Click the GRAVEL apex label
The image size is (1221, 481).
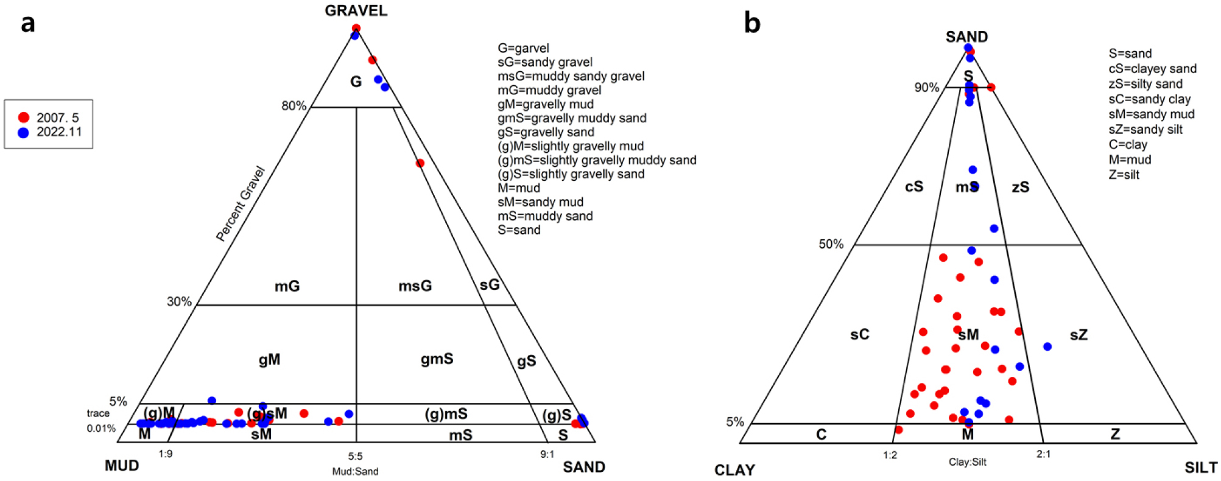[356, 10]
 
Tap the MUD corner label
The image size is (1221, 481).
[122, 466]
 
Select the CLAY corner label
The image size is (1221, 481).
[734, 470]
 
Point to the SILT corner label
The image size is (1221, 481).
[1201, 468]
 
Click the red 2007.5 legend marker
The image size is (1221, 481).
[24, 118]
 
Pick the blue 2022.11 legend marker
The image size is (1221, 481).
[24, 132]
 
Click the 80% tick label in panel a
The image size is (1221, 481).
[294, 106]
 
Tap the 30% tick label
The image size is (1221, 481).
[179, 301]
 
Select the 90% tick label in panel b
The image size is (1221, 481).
[926, 88]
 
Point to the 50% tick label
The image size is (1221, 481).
[831, 244]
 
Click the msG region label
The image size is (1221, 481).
[415, 286]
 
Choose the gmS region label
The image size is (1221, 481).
[437, 359]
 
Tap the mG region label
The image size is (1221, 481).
[287, 286]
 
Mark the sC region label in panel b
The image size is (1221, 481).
[859, 334]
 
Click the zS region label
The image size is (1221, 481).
[1020, 187]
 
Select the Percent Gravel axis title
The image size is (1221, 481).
[241, 204]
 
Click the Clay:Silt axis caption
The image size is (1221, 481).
[967, 462]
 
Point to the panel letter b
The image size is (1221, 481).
[752, 23]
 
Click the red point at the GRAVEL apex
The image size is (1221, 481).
[356, 28]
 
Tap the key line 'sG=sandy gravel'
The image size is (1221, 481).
[544, 62]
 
